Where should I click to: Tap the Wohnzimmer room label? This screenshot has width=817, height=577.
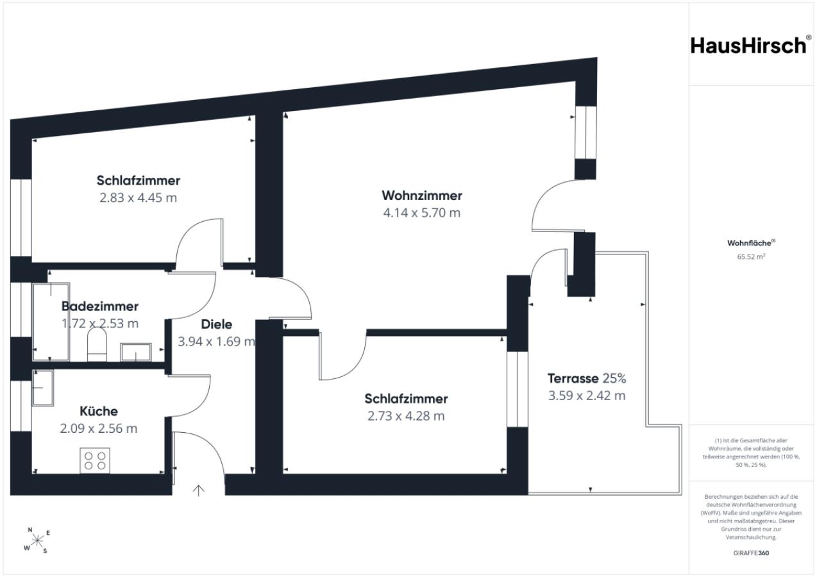point(422,196)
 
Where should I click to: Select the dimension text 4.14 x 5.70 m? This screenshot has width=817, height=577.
point(422,213)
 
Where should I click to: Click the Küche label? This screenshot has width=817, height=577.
point(99,411)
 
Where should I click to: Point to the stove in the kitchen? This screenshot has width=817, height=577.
point(95,461)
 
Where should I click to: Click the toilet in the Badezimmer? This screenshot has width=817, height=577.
point(97,344)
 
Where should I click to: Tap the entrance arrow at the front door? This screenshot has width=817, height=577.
point(198,490)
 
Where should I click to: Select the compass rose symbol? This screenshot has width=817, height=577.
point(37,540)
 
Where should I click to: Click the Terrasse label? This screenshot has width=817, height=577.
point(573,379)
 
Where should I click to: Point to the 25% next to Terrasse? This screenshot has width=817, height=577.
point(614,379)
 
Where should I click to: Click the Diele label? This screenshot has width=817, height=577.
point(217,324)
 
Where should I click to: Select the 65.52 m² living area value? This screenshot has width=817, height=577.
point(752,257)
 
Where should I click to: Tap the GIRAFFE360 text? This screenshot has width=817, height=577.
point(752,553)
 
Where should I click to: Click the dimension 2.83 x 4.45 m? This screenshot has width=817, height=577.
point(139,197)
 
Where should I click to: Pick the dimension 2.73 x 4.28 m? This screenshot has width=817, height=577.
point(406,416)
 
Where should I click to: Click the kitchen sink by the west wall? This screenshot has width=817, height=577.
point(43,388)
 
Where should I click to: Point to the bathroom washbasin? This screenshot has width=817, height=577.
point(136,352)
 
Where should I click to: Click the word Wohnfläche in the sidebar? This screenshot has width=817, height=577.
point(749,243)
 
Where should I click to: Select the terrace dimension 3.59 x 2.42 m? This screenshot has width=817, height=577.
point(587,396)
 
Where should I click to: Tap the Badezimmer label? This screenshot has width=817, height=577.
point(100,306)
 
